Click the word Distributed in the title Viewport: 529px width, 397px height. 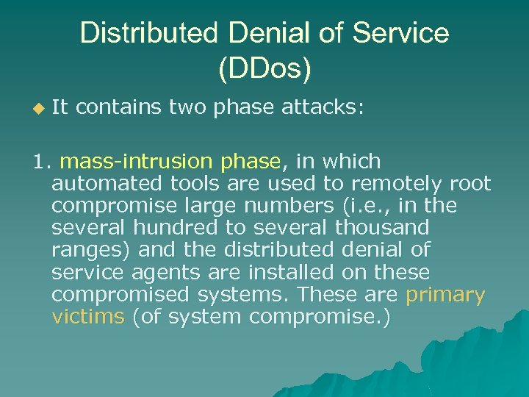(x=148, y=33)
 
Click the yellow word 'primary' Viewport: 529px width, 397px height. (x=445, y=296)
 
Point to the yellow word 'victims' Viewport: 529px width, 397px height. (x=89, y=318)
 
